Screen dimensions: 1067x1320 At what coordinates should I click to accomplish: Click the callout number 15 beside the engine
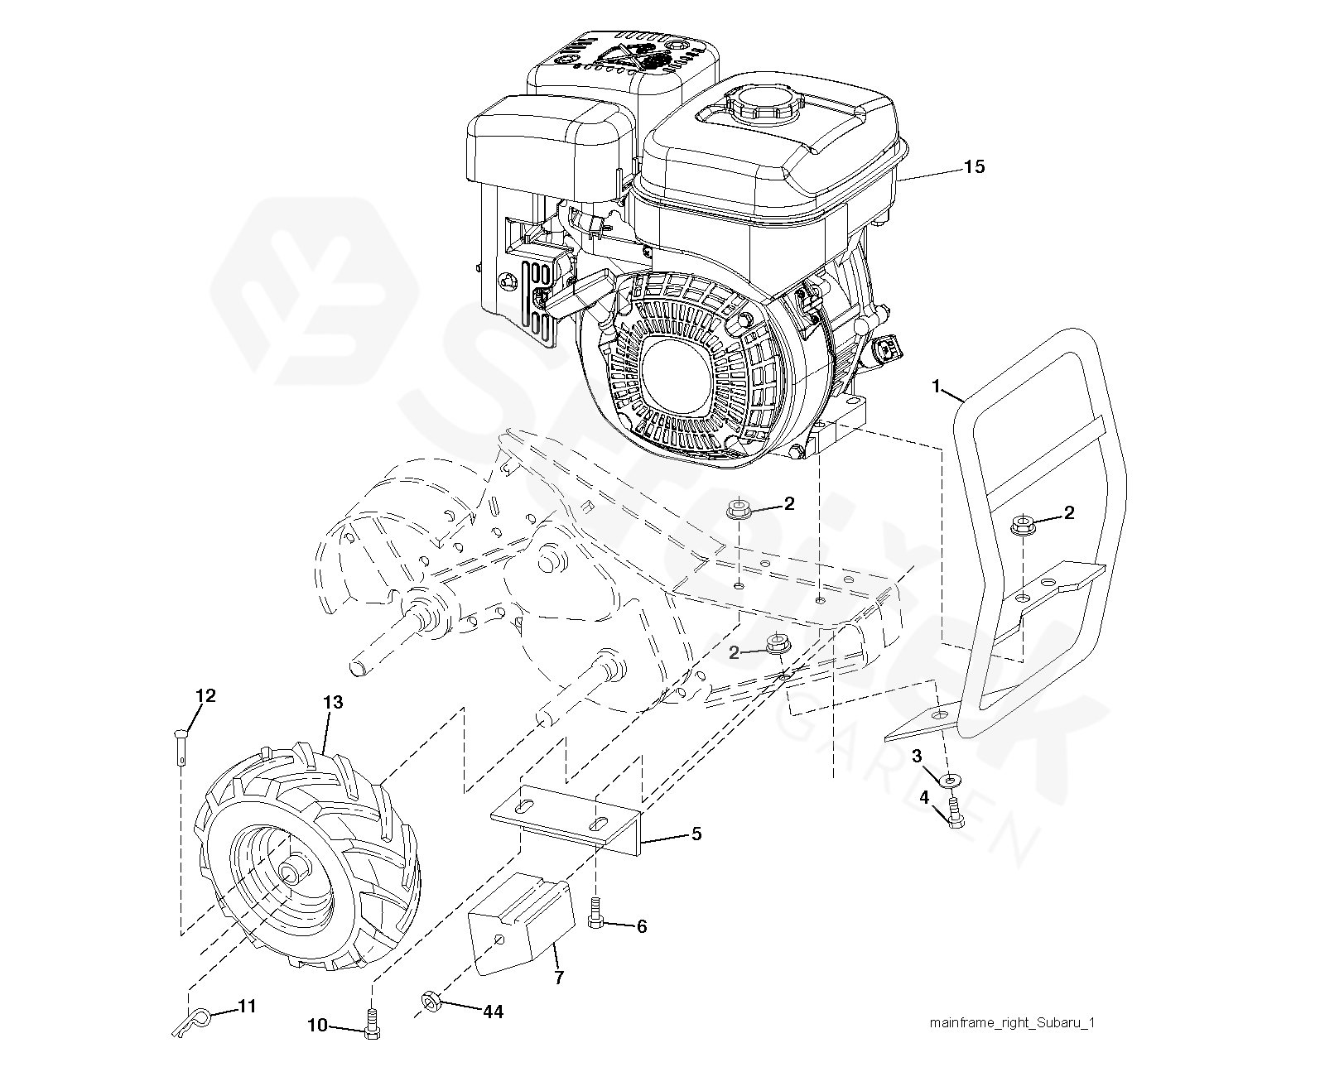click(975, 166)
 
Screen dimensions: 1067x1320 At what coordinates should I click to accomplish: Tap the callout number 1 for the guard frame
click(937, 386)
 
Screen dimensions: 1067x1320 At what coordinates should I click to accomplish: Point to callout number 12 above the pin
click(205, 695)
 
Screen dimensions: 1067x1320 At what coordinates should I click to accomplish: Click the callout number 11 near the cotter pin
click(247, 1007)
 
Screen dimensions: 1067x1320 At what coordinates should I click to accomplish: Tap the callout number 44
click(493, 1012)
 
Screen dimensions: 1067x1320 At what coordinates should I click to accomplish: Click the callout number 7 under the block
click(559, 978)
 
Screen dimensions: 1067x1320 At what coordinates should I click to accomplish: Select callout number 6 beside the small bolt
click(641, 926)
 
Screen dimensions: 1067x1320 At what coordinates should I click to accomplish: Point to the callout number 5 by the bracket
click(696, 834)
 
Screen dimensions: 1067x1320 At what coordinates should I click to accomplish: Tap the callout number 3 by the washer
click(917, 756)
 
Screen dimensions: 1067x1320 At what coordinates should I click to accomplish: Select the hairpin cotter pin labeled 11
click(193, 1020)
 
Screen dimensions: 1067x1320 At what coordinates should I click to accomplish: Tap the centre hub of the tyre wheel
click(292, 872)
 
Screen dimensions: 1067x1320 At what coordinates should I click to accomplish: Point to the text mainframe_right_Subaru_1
click(1012, 1023)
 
